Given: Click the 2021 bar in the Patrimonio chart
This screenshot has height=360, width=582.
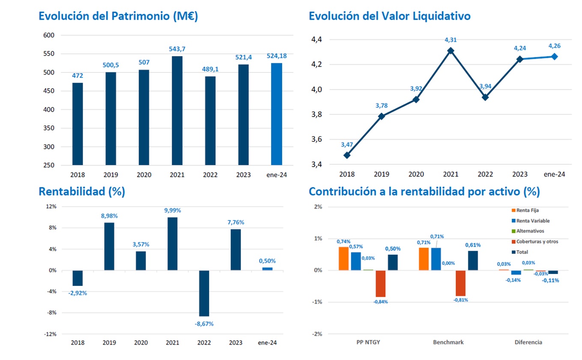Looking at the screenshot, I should pyautogui.click(x=177, y=110).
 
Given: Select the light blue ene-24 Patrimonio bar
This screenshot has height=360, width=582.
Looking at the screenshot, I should pyautogui.click(x=277, y=114).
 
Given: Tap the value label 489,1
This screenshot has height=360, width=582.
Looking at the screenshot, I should pyautogui.click(x=210, y=68).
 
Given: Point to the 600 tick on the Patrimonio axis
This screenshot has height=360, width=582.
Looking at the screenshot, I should pyautogui.click(x=49, y=35).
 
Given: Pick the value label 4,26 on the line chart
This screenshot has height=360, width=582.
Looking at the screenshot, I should pyautogui.click(x=554, y=46).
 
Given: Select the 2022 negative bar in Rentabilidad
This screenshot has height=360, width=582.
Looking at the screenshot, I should pyautogui.click(x=204, y=293).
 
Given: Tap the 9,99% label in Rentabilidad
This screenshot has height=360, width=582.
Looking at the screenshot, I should pyautogui.click(x=172, y=210).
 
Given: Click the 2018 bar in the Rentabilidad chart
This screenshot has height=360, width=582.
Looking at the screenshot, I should pyautogui.click(x=78, y=278).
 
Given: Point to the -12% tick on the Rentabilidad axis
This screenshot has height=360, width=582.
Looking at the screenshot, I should pyautogui.click(x=51, y=334).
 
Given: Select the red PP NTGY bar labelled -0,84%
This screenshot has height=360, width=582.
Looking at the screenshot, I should pyautogui.click(x=380, y=283).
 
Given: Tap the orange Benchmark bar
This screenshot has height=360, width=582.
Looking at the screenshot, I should pyautogui.click(x=424, y=259).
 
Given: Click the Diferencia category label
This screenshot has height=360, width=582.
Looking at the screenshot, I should pyautogui.click(x=528, y=342).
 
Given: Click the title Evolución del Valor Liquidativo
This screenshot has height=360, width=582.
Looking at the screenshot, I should pyautogui.click(x=389, y=16).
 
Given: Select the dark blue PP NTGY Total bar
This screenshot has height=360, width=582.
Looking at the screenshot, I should pyautogui.click(x=393, y=262).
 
